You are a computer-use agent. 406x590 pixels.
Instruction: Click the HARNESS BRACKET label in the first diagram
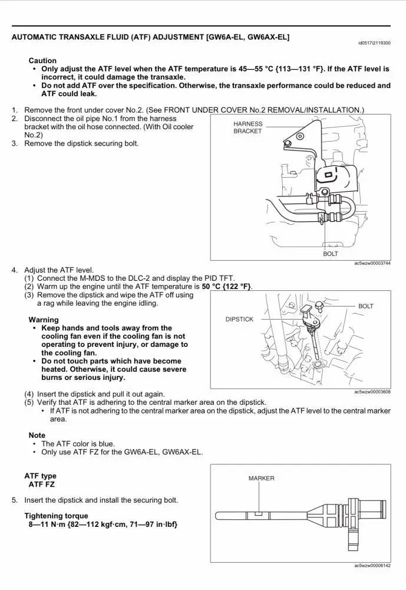coord(247,127)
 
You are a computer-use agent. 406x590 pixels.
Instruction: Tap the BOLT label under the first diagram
coord(331,254)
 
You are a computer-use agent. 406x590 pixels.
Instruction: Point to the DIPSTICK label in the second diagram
coord(239,319)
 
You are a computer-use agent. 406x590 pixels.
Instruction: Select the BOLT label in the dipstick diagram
coord(365,306)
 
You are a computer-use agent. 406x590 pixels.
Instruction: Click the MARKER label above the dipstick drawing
coord(261,478)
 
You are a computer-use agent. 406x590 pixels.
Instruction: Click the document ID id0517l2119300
coord(374,43)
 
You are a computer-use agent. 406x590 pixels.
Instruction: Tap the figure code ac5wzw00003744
coord(372,263)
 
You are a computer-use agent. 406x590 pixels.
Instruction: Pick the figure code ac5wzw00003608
coord(372,392)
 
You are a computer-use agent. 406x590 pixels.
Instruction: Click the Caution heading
coord(42,61)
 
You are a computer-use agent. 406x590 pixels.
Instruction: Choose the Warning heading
coord(44,320)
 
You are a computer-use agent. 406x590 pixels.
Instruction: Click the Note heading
coord(37,435)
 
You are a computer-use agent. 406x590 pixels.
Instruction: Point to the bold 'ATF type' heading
coord(40,476)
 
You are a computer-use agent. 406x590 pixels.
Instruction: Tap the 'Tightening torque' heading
coord(56,516)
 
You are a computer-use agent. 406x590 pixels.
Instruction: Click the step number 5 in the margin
coord(14,500)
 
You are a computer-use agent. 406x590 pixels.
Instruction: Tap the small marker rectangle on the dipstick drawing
coord(258,514)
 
